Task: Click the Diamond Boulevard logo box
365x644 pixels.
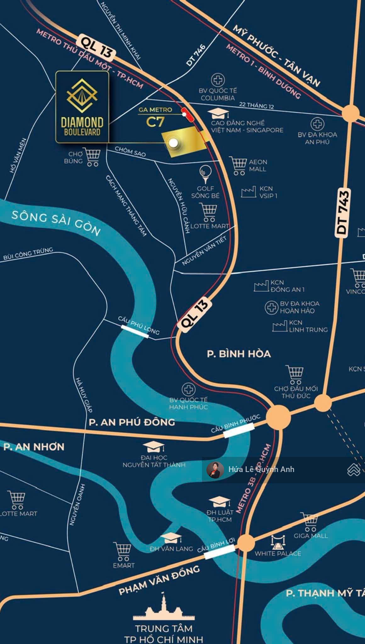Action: click(x=82, y=107)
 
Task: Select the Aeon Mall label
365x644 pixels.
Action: click(x=258, y=165)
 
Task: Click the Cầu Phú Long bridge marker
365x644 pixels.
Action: click(x=135, y=331)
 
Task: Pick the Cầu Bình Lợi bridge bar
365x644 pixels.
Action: click(x=219, y=552)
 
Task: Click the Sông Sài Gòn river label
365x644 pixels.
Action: click(x=56, y=223)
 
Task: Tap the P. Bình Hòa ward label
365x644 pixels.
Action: click(x=239, y=354)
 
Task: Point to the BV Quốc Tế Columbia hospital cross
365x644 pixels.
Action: click(x=218, y=80)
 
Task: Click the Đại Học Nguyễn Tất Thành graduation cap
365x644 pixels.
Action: click(x=154, y=447)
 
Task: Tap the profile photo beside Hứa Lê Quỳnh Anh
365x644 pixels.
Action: click(x=215, y=470)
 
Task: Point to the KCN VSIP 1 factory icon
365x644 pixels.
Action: click(x=249, y=192)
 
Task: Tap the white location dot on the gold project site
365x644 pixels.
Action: click(x=173, y=143)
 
